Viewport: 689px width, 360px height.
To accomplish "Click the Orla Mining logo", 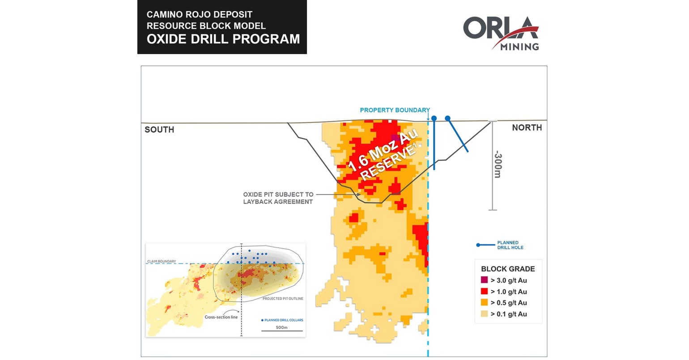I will tap(501, 34).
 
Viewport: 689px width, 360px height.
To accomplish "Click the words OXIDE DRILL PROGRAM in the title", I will tap(223, 39).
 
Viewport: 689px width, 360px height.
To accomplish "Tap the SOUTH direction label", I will tap(159, 130).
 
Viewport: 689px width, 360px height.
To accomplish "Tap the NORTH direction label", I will tap(527, 128).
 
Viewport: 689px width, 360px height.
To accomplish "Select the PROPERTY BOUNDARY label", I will tap(395, 110).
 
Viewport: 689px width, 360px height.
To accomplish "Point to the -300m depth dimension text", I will tap(498, 164).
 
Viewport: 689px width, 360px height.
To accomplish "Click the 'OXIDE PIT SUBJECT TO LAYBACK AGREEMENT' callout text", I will tap(278, 198).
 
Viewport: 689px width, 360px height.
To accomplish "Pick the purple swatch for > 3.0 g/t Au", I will tap(484, 280).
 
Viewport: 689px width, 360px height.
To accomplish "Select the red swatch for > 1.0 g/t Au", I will tap(484, 292).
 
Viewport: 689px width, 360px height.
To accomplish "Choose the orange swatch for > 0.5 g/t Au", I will tap(484, 303).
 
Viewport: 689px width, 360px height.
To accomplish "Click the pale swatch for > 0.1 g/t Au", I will tap(484, 314).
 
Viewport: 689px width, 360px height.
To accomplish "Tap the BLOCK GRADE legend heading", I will tap(508, 269).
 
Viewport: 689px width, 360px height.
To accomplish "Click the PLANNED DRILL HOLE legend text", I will tap(510, 245).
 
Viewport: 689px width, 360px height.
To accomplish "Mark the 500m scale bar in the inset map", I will tap(282, 331).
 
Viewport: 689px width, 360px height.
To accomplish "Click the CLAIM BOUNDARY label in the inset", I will tap(162, 262).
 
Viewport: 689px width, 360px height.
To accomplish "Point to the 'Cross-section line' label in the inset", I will tap(221, 317).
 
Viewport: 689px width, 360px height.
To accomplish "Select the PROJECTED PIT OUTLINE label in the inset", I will tap(283, 299).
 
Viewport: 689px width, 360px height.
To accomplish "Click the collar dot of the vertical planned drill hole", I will tap(434, 118).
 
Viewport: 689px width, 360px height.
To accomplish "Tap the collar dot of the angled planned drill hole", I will tap(447, 119).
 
